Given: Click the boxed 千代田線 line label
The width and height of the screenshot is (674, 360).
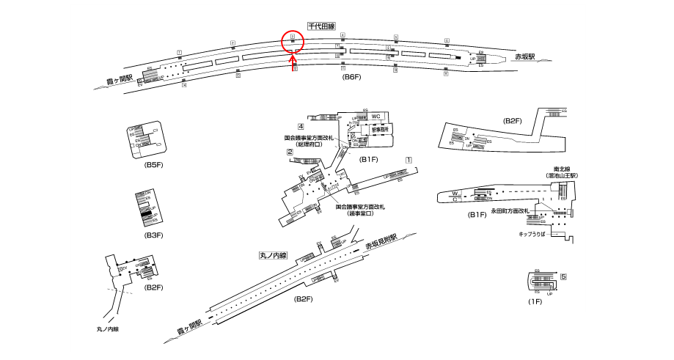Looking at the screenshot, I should pyautogui.click(x=321, y=26).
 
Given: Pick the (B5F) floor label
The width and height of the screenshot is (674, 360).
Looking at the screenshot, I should pyautogui.click(x=153, y=165).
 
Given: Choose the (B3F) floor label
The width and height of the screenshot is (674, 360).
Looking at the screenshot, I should pyautogui.click(x=153, y=235).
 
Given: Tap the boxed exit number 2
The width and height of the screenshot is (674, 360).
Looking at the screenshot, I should pyautogui.click(x=290, y=153).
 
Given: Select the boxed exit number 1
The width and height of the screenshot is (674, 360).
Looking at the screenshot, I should pyautogui.click(x=409, y=159).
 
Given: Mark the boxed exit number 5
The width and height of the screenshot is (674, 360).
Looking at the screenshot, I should pyautogui.click(x=564, y=277).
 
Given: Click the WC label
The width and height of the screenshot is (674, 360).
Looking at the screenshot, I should pyautogui.click(x=376, y=117).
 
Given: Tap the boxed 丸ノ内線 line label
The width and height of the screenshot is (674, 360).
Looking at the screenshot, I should pyautogui.click(x=273, y=257).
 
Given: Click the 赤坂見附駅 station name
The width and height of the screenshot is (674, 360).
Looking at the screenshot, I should pyautogui.click(x=381, y=243).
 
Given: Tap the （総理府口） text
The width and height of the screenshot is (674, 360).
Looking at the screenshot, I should pyautogui.click(x=309, y=144).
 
